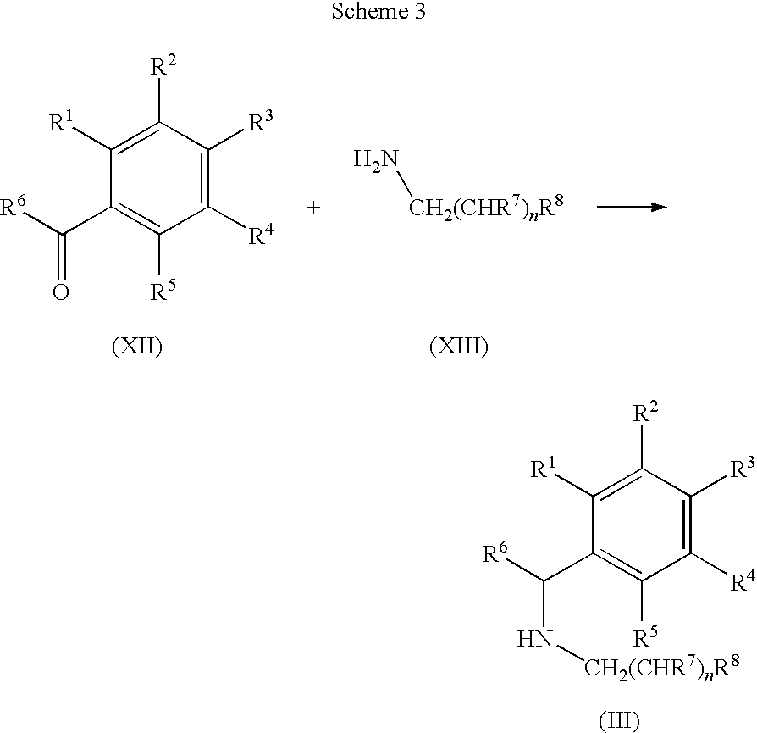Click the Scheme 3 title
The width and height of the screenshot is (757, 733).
pos(378,11)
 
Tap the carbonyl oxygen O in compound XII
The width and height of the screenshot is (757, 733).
pos(61,292)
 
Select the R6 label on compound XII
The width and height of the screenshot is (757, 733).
pos(13,206)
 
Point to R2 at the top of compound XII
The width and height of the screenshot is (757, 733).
pos(163,66)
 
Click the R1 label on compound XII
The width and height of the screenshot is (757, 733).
pos(61,122)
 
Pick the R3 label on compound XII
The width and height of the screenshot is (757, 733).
pos(261,122)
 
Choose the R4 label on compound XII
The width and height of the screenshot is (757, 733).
pos(261,235)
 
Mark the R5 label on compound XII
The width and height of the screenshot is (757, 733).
pos(163,291)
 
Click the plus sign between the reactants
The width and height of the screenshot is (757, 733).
pos(314,208)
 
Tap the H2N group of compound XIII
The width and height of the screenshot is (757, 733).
pos(376,159)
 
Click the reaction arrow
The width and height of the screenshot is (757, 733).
pos(632,207)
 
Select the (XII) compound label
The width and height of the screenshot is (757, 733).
pos(137,347)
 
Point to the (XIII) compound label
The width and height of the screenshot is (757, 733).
pos(459,347)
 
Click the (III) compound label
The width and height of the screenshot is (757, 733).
pos(620,721)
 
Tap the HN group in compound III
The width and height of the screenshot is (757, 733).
pos(534,639)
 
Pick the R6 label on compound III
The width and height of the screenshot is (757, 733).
pos(496,553)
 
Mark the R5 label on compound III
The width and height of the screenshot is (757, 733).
pos(645,637)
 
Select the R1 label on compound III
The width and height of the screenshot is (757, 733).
pos(543,469)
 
